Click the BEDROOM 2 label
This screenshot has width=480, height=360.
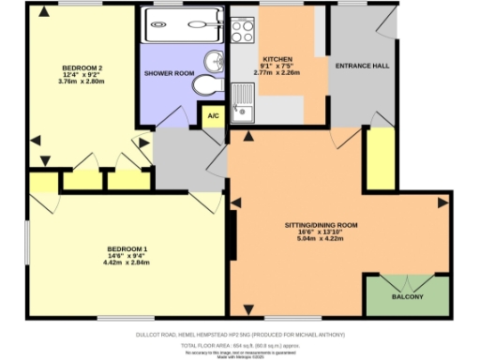pos(82,68)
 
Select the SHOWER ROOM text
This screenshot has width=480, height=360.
pos(169,73)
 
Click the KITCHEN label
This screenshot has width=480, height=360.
pos(279,58)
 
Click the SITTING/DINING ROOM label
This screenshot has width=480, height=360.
pos(322,226)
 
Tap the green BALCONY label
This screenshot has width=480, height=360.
pos(408,298)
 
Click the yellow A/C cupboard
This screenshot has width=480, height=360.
pos(214,117)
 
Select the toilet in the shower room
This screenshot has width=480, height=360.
pos(206,86)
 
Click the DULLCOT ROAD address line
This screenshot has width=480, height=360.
pos(239,334)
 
